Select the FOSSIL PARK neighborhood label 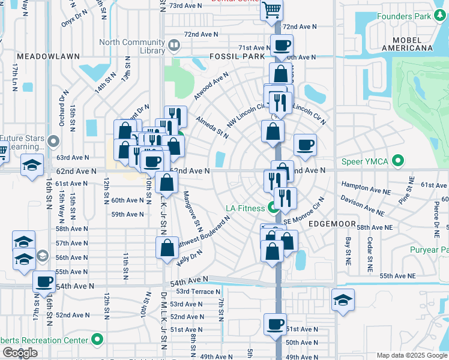coord(237,56)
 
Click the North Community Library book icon coord(173,44)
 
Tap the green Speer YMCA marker coord(397,161)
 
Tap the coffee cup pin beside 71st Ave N coord(281,44)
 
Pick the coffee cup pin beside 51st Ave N coord(275,323)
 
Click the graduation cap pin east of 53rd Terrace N coord(343,299)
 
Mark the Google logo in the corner coord(19,353)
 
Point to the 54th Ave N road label coord(188,281)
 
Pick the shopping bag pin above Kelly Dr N coord(167,247)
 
